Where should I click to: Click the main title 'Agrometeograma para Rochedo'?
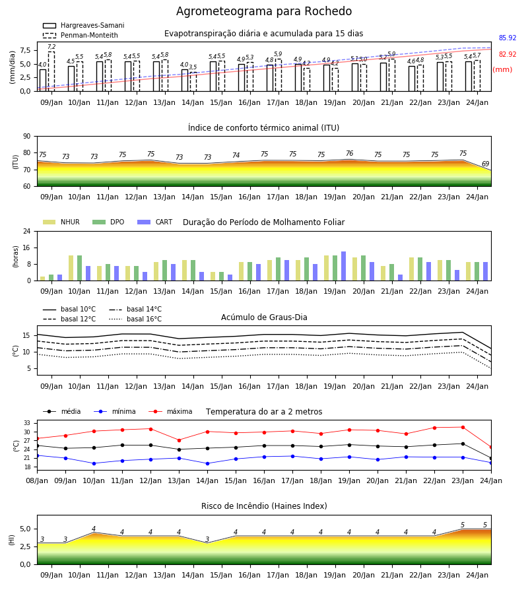[x=264, y=11]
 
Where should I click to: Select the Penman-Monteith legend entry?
[x=81, y=35]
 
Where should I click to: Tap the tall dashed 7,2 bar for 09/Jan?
[x=51, y=71]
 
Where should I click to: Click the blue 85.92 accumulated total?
[x=508, y=38]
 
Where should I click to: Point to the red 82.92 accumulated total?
[x=508, y=54]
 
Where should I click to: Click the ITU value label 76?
[x=350, y=153]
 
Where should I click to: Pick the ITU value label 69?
[x=485, y=164]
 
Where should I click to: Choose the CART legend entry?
[x=155, y=222]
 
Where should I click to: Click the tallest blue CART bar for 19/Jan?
[x=344, y=266]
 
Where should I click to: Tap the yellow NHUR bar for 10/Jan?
[x=71, y=268]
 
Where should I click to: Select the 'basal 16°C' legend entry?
[x=135, y=319]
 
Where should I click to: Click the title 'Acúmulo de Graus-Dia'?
[x=264, y=317]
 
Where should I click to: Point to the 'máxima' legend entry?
[x=170, y=411]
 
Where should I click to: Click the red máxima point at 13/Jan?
[x=179, y=440]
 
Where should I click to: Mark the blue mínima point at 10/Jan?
[x=94, y=463]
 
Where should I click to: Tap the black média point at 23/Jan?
[x=463, y=444]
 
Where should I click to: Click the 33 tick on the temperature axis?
[x=28, y=423]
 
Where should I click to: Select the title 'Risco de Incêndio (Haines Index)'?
[x=264, y=506]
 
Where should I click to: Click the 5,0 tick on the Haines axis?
[x=25, y=529]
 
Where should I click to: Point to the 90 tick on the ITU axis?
[x=27, y=137]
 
